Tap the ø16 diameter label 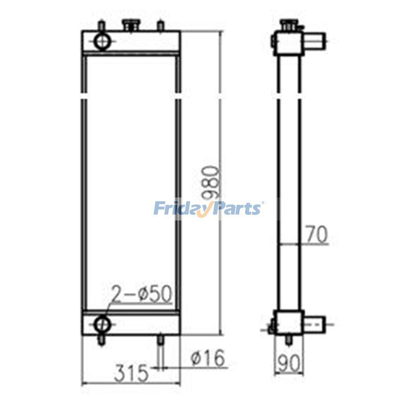pos(207,358)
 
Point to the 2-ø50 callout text pos(141,295)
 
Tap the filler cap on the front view pos(129,24)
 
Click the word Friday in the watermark pos(179,208)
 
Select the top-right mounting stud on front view pos(161,25)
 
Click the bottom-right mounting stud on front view pos(161,341)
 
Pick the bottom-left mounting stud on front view pos(100,341)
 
